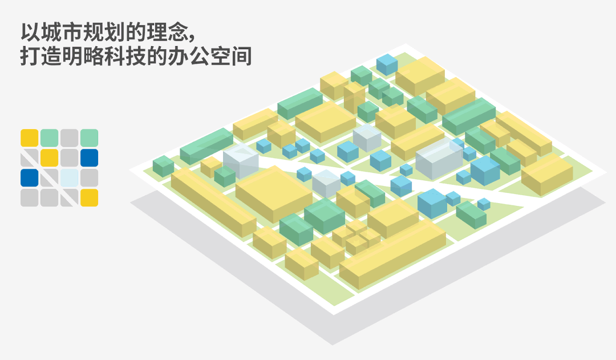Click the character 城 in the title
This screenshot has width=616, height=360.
point(51,32)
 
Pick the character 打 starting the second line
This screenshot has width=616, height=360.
point(30,56)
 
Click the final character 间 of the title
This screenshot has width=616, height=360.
point(242,56)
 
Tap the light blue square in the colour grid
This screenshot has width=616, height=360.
point(69,177)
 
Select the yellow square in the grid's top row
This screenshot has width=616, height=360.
point(30,138)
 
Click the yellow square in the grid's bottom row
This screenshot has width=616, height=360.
point(89,197)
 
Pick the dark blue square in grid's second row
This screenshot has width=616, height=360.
point(89,157)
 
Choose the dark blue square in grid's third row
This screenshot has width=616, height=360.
point(30,177)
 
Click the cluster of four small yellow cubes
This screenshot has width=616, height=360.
point(356,236)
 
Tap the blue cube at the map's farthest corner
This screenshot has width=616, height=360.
point(387,65)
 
